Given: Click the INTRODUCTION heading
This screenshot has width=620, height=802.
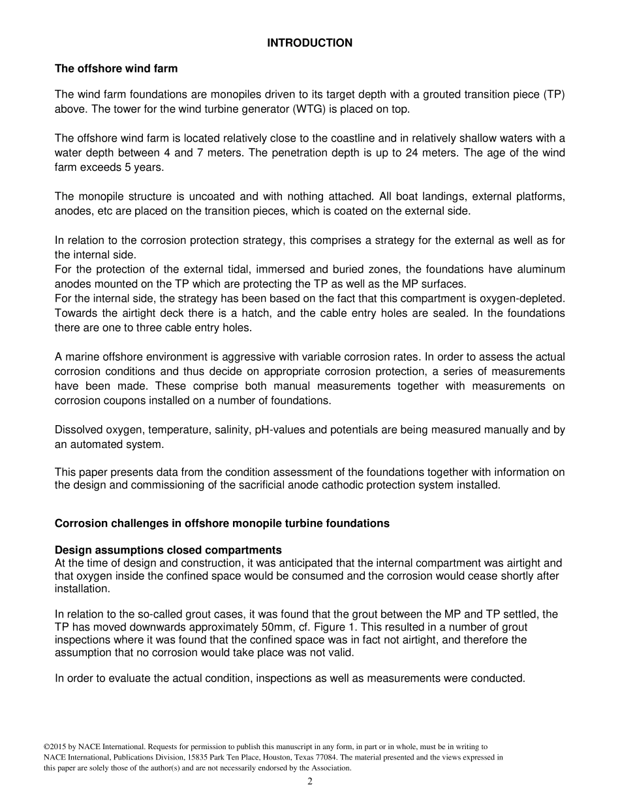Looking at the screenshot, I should point(309,43).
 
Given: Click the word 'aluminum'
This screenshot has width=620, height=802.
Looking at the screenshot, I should point(538,270).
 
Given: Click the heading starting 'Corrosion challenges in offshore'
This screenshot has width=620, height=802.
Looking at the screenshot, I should point(222,524).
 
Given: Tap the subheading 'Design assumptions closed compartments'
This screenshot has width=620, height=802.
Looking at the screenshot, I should point(168,550).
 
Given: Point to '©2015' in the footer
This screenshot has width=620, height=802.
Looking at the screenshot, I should point(55,747).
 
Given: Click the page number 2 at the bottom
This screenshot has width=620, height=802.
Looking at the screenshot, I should point(310,782).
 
